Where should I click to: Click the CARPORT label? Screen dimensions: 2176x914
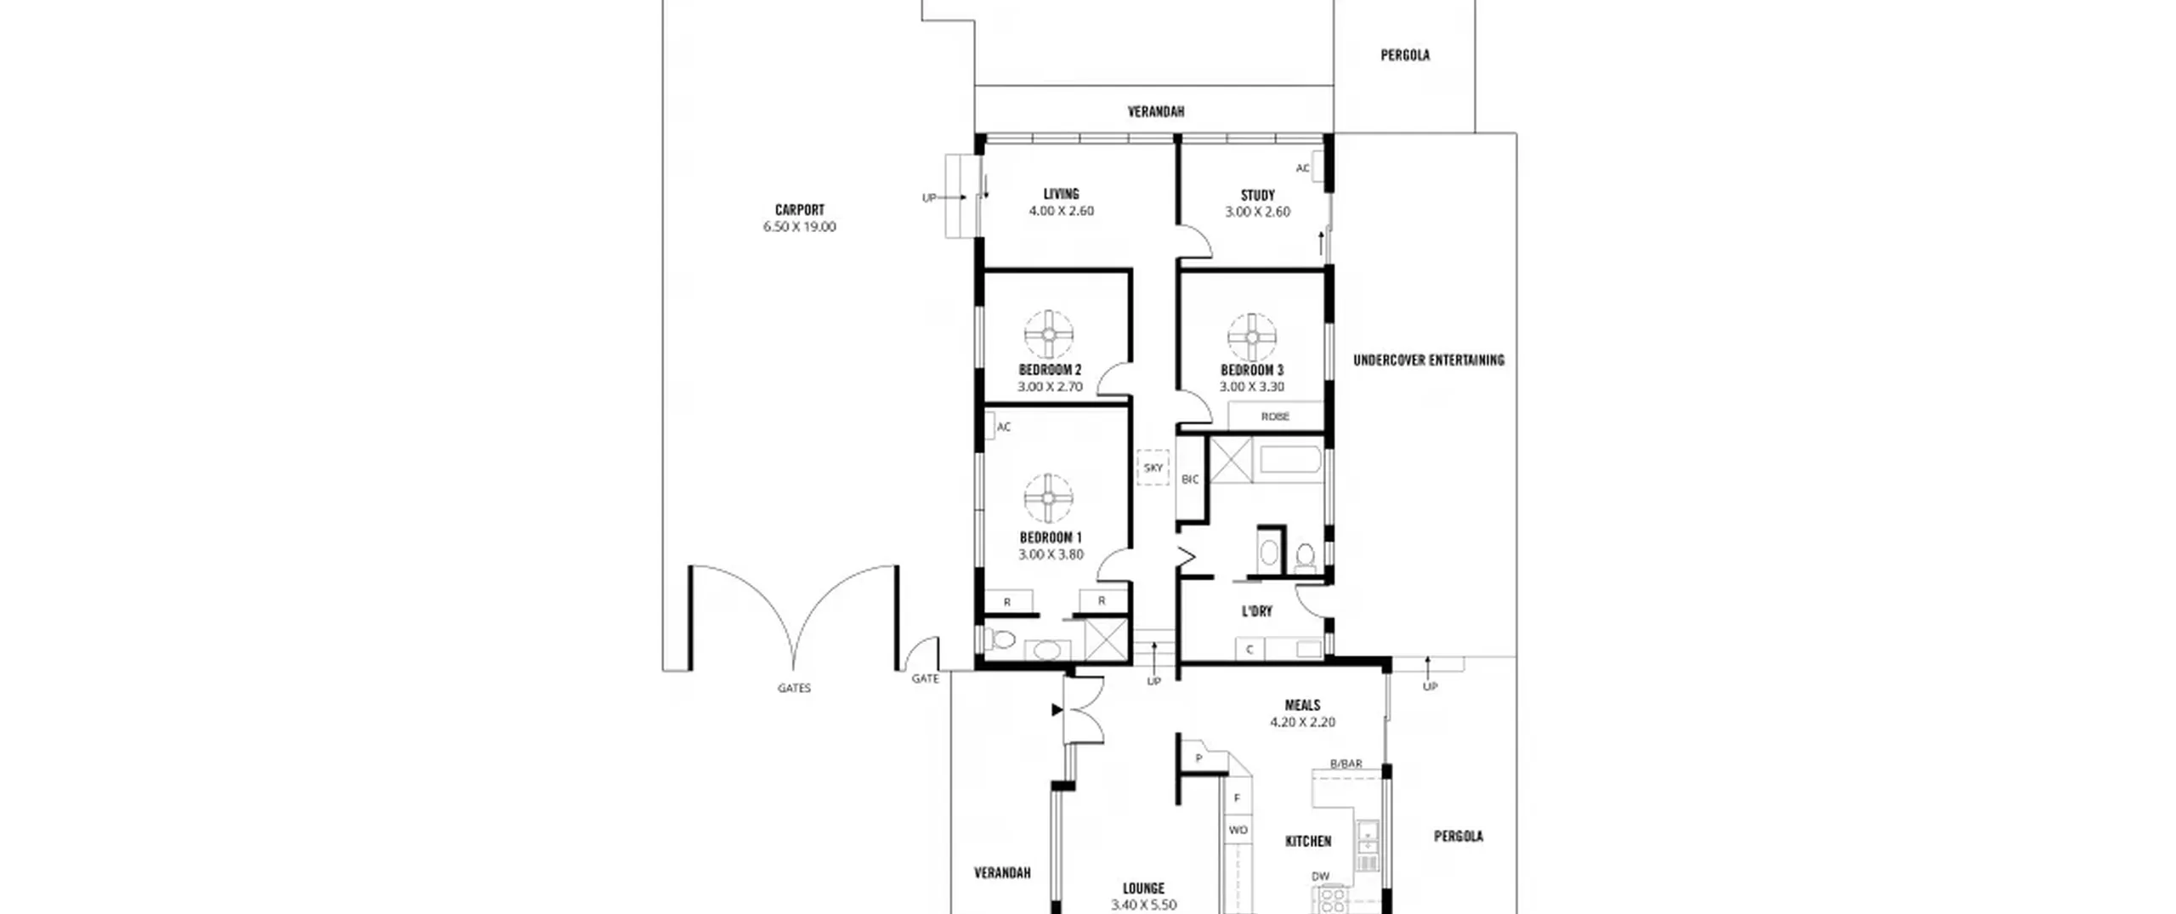[x=799, y=209]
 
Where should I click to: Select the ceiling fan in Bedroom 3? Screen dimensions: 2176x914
[x=1252, y=337]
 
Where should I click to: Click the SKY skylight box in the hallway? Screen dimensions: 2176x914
[x=1153, y=468]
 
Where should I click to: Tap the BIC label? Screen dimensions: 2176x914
[x=1190, y=480]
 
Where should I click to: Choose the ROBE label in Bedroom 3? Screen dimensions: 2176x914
[x=1275, y=417]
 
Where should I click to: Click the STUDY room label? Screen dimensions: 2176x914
[x=1257, y=195]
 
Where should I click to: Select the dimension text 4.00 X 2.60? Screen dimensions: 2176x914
[x=1061, y=211]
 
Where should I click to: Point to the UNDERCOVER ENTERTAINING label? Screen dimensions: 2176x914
[x=1428, y=360]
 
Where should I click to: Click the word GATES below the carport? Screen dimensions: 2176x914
[x=794, y=688]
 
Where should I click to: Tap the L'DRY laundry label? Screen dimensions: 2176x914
[x=1256, y=610]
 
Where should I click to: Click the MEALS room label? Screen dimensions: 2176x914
[x=1302, y=705]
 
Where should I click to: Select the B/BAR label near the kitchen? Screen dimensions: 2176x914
[x=1346, y=764]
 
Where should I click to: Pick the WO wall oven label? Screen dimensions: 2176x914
[x=1238, y=830]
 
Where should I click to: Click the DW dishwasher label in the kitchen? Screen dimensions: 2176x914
[x=1320, y=876]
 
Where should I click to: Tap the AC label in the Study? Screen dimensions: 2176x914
[x=1302, y=168]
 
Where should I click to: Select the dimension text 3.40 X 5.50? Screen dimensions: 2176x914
[x=1143, y=905]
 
